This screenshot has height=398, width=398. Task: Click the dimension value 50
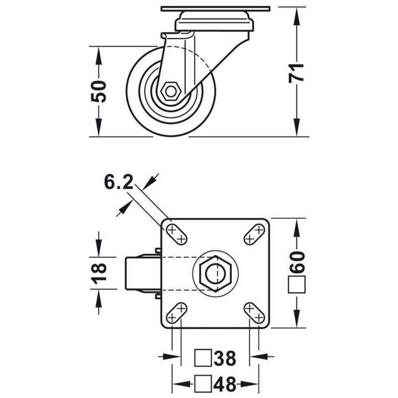(x=99, y=91)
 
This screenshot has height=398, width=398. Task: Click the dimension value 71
(x=297, y=73)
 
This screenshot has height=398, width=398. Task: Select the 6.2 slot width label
(x=118, y=183)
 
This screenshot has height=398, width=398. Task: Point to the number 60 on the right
(x=297, y=262)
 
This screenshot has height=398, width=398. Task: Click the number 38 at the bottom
(x=224, y=358)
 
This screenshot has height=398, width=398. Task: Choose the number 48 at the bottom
(x=224, y=384)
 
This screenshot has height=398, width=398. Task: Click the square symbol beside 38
(x=202, y=358)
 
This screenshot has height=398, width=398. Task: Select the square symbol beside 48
(x=202, y=384)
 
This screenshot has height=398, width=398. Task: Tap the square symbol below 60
(x=297, y=286)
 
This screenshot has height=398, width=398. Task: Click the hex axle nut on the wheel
(x=171, y=92)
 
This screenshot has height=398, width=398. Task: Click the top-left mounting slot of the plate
(x=177, y=234)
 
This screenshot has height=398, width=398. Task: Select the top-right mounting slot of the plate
(x=254, y=234)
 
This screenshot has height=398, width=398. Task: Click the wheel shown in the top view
(x=141, y=273)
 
